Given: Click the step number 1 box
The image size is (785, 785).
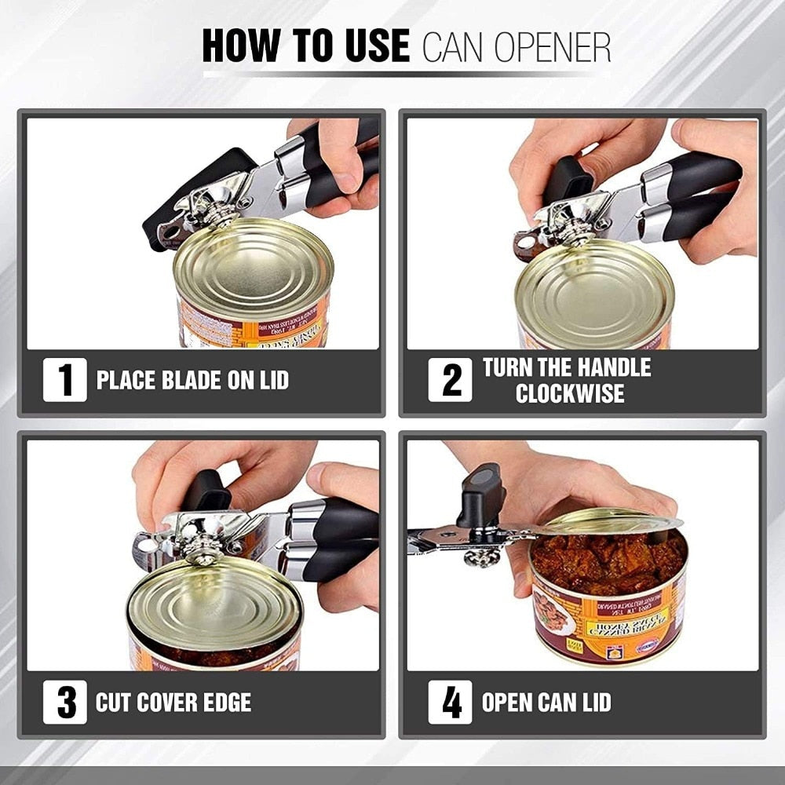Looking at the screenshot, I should point(65,380).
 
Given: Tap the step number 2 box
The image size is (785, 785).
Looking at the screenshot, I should point(450,380).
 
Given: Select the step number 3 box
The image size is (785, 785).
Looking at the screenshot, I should point(65,702).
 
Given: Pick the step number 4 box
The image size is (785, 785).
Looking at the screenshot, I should point(450,702).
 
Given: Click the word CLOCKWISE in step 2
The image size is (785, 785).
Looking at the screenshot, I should point(570,393).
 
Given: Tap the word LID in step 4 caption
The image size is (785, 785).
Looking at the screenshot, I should point(590,702).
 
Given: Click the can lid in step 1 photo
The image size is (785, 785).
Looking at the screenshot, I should point(253,263).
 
